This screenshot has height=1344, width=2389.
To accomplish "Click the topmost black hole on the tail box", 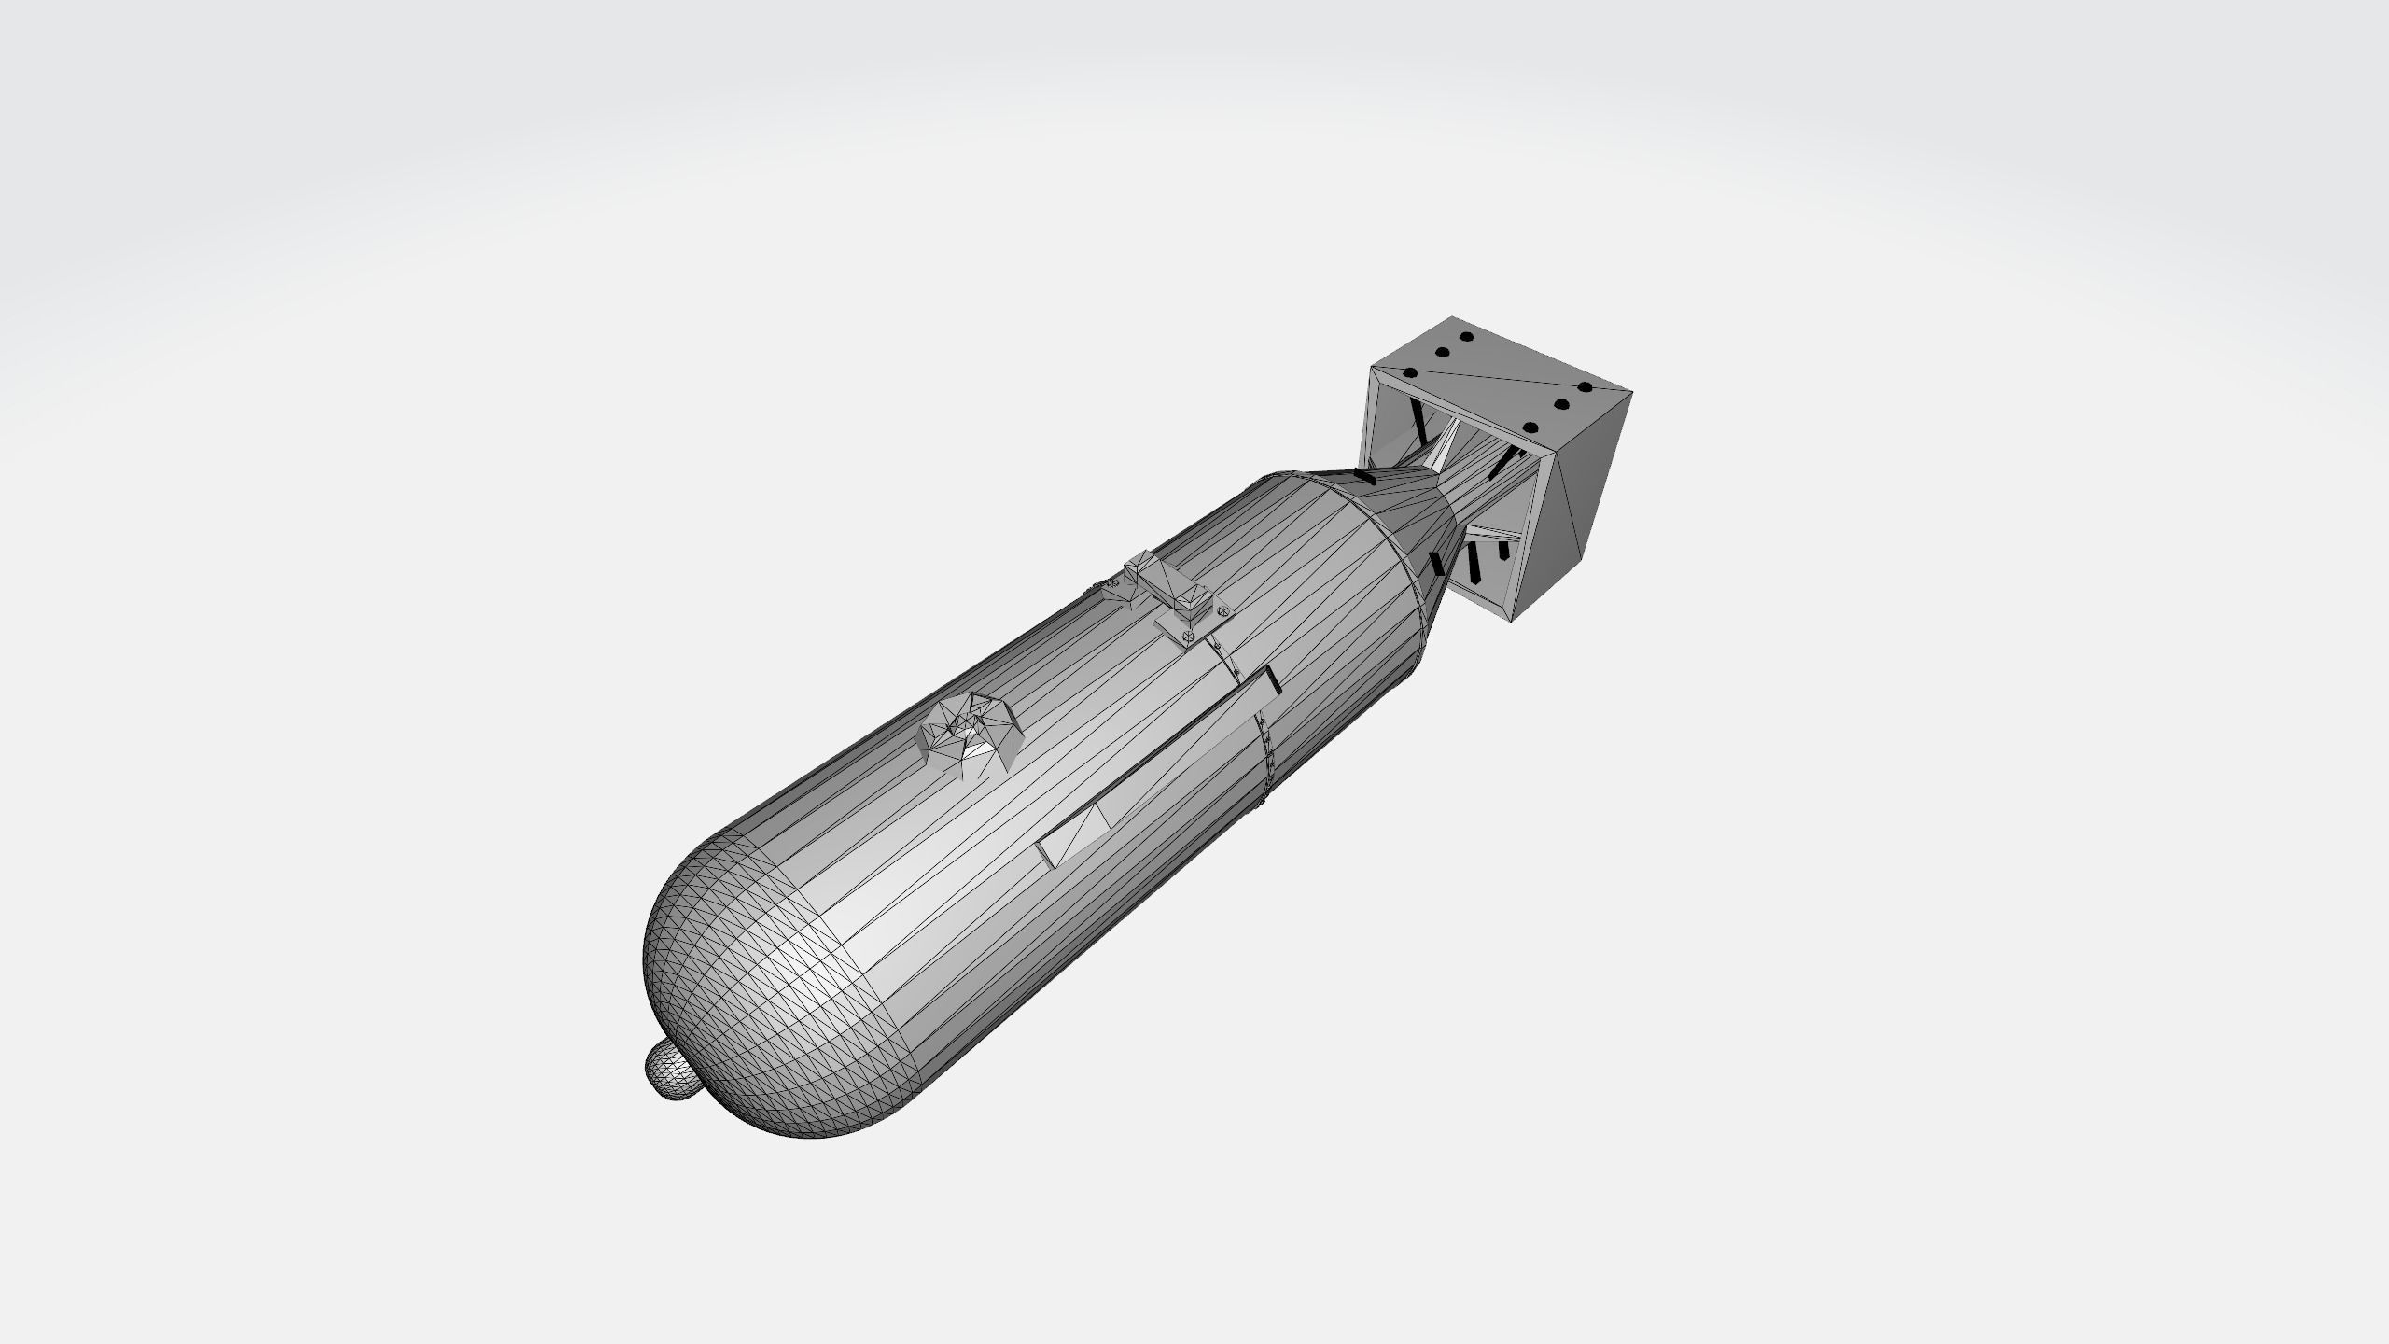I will click(1465, 337).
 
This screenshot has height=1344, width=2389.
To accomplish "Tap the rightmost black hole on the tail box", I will click(1583, 387).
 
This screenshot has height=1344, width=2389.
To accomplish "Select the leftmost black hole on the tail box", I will click(1410, 373).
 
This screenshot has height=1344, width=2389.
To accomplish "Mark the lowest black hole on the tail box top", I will click(1530, 427).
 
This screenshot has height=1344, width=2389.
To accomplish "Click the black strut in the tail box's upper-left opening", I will click(1419, 426).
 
